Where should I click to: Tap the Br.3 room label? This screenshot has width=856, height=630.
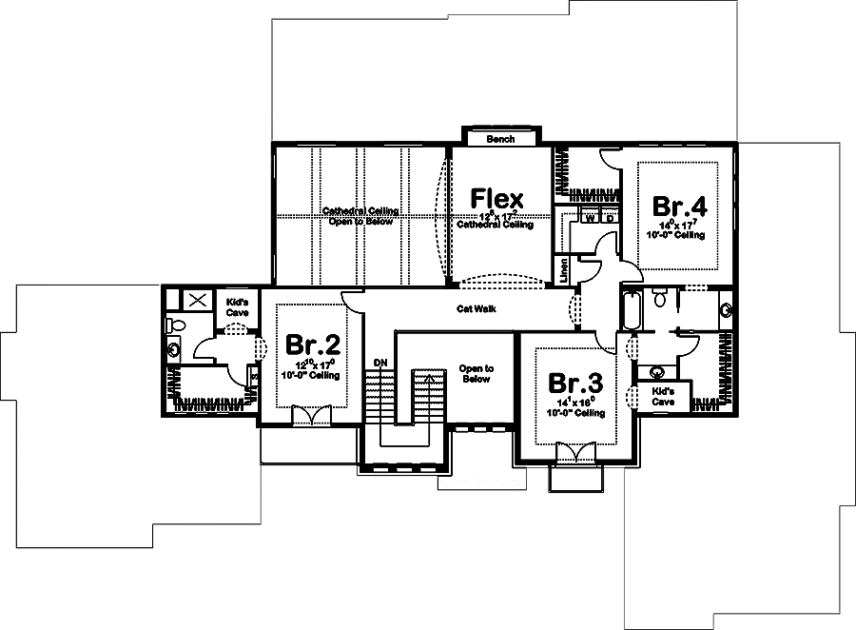[575, 384]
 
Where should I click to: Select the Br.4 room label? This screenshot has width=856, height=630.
[678, 206]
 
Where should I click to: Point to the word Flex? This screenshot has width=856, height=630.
[497, 199]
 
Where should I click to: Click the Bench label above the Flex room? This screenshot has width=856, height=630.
[500, 139]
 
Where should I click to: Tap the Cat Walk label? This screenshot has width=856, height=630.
[477, 308]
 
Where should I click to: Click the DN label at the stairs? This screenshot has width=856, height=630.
[380, 363]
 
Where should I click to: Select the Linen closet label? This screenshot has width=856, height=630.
[564, 270]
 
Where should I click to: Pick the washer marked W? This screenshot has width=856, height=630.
[590, 218]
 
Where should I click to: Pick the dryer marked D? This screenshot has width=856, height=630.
[609, 218]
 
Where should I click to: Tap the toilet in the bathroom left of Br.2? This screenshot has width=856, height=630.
[173, 325]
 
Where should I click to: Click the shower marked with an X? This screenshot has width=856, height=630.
[197, 300]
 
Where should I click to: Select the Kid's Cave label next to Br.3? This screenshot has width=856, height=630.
[663, 395]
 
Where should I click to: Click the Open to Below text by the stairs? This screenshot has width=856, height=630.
[476, 373]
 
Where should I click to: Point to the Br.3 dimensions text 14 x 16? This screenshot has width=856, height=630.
[575, 404]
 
